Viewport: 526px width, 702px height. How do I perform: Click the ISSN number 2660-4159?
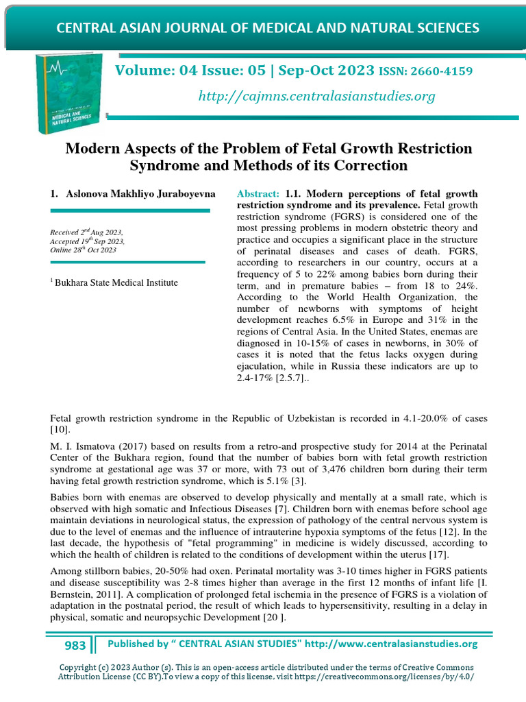(x=443, y=71)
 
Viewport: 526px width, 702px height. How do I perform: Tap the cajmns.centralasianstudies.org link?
(x=316, y=96)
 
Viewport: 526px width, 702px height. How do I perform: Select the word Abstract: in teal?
(x=258, y=194)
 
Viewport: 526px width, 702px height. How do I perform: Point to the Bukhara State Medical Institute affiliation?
(x=116, y=282)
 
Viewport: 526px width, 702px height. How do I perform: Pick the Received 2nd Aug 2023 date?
(x=88, y=233)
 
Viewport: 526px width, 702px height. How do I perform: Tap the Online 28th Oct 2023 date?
(x=83, y=250)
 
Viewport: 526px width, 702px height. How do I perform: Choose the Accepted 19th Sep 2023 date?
(x=87, y=242)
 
